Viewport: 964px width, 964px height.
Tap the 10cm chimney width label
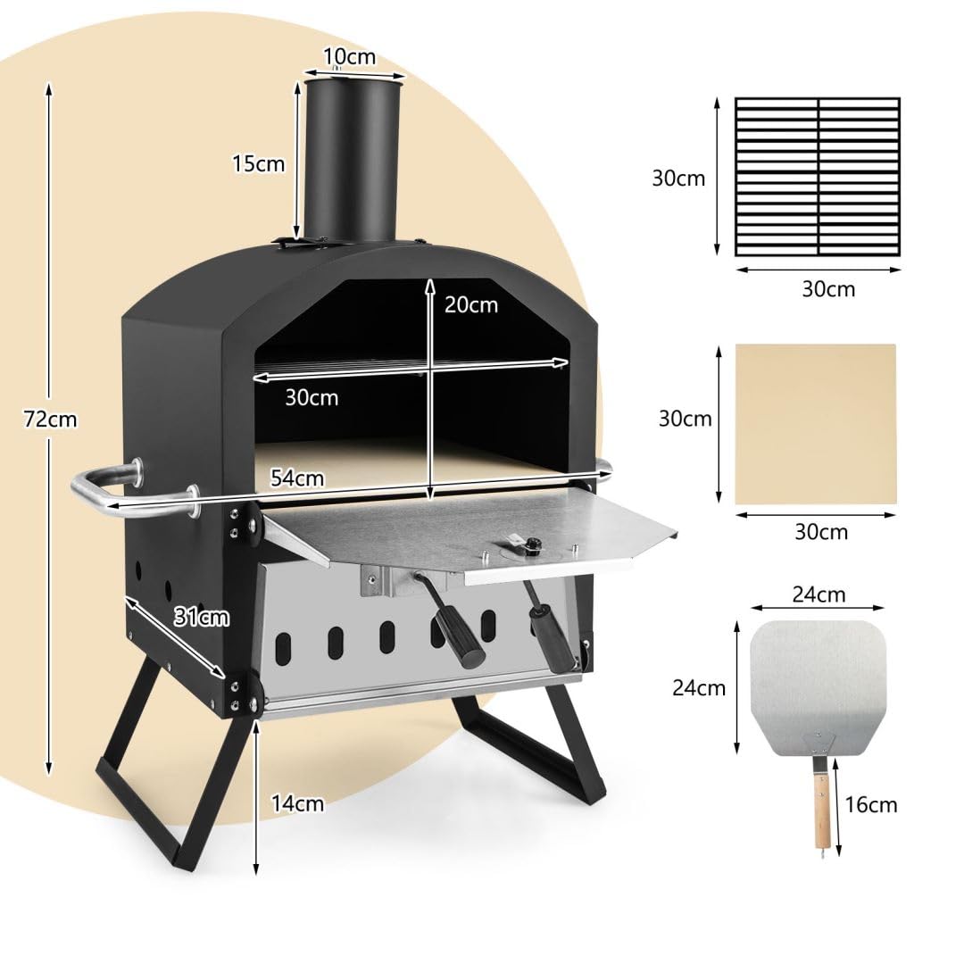[349, 58]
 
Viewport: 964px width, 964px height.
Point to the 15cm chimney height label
[258, 163]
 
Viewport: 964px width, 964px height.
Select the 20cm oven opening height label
[471, 304]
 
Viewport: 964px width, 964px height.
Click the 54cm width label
[297, 478]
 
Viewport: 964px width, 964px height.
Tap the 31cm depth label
[203, 616]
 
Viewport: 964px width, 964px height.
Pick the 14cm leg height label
[297, 803]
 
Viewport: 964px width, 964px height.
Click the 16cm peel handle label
[870, 805]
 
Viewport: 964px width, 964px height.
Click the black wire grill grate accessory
[817, 177]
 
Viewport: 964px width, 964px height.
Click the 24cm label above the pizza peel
[819, 594]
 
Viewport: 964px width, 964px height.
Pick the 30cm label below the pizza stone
[821, 532]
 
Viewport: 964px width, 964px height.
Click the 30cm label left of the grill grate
[678, 178]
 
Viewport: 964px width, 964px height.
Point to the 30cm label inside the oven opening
[312, 397]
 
